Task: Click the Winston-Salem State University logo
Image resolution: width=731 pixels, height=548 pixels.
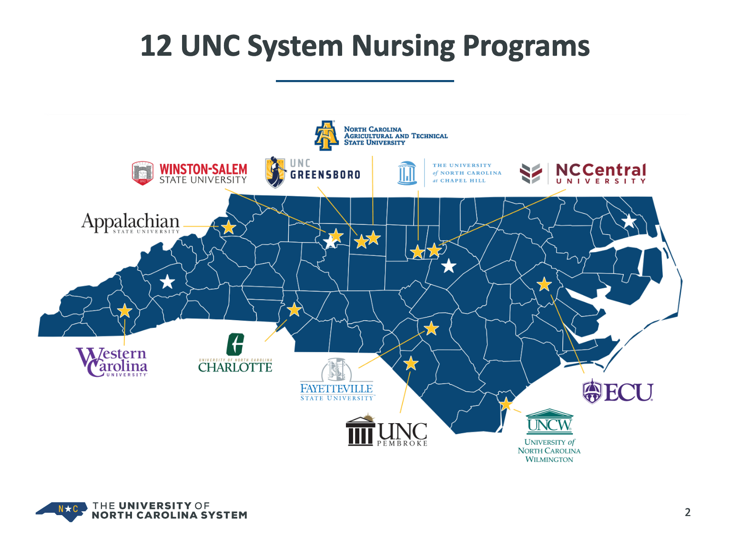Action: tap(190, 173)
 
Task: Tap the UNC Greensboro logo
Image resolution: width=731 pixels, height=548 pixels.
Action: tap(313, 172)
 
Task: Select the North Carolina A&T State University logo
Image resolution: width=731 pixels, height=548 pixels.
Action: tap(381, 136)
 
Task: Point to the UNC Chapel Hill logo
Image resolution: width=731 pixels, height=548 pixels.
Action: tap(449, 173)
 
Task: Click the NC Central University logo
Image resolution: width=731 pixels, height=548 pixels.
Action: tap(583, 173)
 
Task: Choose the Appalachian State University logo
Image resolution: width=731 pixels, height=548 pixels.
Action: tap(131, 223)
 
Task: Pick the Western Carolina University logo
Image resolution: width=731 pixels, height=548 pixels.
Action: tap(112, 362)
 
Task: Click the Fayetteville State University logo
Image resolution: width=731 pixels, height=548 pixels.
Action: tap(337, 379)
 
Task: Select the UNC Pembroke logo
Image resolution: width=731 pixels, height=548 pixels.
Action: tap(386, 431)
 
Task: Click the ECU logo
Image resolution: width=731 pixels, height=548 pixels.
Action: tap(618, 392)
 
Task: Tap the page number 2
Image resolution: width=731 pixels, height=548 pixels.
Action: tap(688, 512)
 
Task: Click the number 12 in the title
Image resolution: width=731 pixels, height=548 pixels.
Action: tap(156, 46)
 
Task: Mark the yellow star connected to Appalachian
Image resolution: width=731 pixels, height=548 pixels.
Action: tap(229, 227)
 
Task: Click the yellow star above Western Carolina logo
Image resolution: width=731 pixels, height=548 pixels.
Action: tap(124, 311)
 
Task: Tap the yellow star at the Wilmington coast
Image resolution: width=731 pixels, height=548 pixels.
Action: tap(506, 405)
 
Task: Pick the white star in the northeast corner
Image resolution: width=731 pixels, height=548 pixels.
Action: tap(629, 221)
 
